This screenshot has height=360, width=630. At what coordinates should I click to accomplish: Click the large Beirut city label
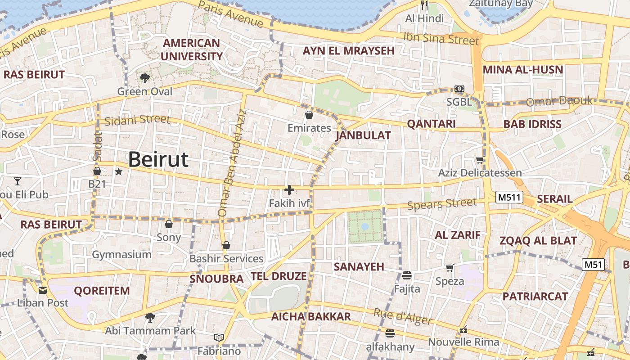click(x=158, y=160)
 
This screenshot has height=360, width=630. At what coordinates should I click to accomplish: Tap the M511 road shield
click(x=509, y=197)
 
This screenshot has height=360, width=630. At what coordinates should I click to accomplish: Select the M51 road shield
click(x=593, y=265)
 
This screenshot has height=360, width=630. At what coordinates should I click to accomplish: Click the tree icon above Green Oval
click(x=144, y=78)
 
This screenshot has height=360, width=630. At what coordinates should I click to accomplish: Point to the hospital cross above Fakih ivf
click(x=289, y=190)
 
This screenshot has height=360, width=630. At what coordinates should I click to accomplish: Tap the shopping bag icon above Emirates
click(x=309, y=115)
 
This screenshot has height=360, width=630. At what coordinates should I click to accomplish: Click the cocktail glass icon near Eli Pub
click(x=18, y=181)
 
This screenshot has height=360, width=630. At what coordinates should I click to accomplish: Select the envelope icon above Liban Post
click(x=43, y=290)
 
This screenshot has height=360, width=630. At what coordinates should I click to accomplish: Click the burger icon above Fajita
click(x=407, y=275)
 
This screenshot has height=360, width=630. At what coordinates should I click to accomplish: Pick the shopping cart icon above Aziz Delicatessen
click(x=480, y=160)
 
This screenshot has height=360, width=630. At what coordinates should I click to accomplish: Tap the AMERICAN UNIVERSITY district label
click(x=192, y=49)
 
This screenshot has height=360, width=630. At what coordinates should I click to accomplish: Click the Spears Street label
click(x=441, y=204)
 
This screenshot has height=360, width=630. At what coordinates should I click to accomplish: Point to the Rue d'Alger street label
click(x=403, y=316)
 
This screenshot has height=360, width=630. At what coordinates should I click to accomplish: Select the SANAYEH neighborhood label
click(x=359, y=266)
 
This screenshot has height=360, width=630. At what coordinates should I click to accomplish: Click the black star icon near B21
click(x=119, y=171)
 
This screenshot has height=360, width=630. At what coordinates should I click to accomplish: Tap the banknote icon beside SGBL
click(x=459, y=89)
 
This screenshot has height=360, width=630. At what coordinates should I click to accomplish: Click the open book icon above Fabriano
click(x=219, y=337)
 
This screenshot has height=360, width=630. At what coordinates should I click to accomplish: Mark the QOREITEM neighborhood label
click(x=102, y=291)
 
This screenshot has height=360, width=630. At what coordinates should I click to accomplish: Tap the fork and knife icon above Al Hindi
click(x=424, y=5)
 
